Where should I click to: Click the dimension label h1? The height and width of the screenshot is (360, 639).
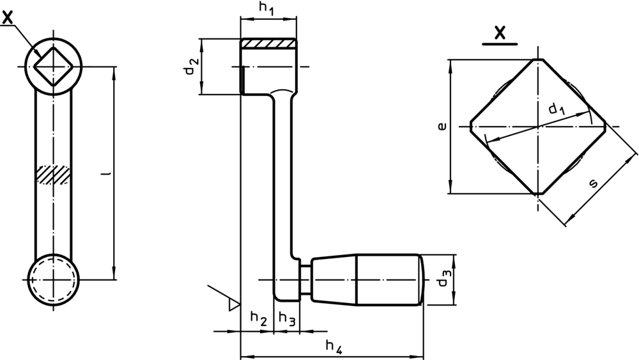[x=266, y=9]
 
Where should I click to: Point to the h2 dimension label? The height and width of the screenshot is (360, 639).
[x=258, y=317]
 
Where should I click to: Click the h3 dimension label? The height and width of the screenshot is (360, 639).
[x=288, y=318]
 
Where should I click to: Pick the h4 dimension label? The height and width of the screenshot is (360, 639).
[x=334, y=347]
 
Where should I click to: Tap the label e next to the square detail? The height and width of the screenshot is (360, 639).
[x=441, y=127]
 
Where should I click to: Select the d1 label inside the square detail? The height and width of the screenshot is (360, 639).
[x=557, y=109]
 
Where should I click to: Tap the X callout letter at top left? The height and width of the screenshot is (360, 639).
[x=8, y=19]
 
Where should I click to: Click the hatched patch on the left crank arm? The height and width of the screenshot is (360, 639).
[x=52, y=175]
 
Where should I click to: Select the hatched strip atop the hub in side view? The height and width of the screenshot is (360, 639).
[x=268, y=44]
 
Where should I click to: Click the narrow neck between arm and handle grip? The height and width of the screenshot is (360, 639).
[x=305, y=279]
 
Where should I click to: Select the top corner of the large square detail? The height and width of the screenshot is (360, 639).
[x=539, y=59]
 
